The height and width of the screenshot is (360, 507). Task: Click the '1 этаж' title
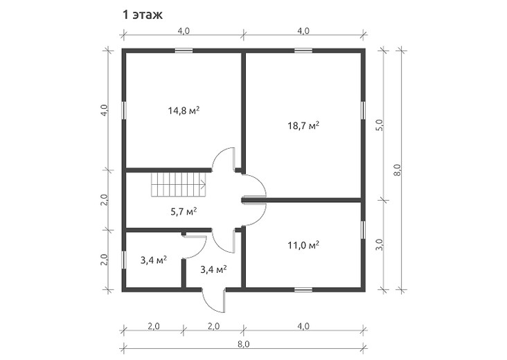[x=142, y=15]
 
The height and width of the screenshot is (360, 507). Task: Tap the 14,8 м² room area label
[x=184, y=111]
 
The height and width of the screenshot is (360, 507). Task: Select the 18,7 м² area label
[x=303, y=125]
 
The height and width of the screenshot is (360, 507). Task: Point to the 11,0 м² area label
[x=303, y=245]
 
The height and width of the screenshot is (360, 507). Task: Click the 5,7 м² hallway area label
[x=184, y=212]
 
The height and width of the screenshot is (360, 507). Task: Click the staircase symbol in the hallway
[x=178, y=185]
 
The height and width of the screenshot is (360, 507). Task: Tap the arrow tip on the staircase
[x=205, y=185]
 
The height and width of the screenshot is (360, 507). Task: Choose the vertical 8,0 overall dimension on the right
[x=398, y=170]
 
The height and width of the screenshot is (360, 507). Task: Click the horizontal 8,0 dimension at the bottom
[x=244, y=344]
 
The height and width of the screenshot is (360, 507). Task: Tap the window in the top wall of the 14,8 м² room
[x=184, y=51]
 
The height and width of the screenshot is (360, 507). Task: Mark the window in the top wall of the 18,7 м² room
[x=303, y=51]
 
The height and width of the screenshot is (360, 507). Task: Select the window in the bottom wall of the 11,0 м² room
[x=303, y=289]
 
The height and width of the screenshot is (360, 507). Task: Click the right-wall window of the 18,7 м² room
[x=363, y=111]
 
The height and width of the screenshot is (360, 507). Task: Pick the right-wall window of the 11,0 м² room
[x=363, y=230]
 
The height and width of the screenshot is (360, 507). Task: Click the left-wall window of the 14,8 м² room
[x=124, y=111]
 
